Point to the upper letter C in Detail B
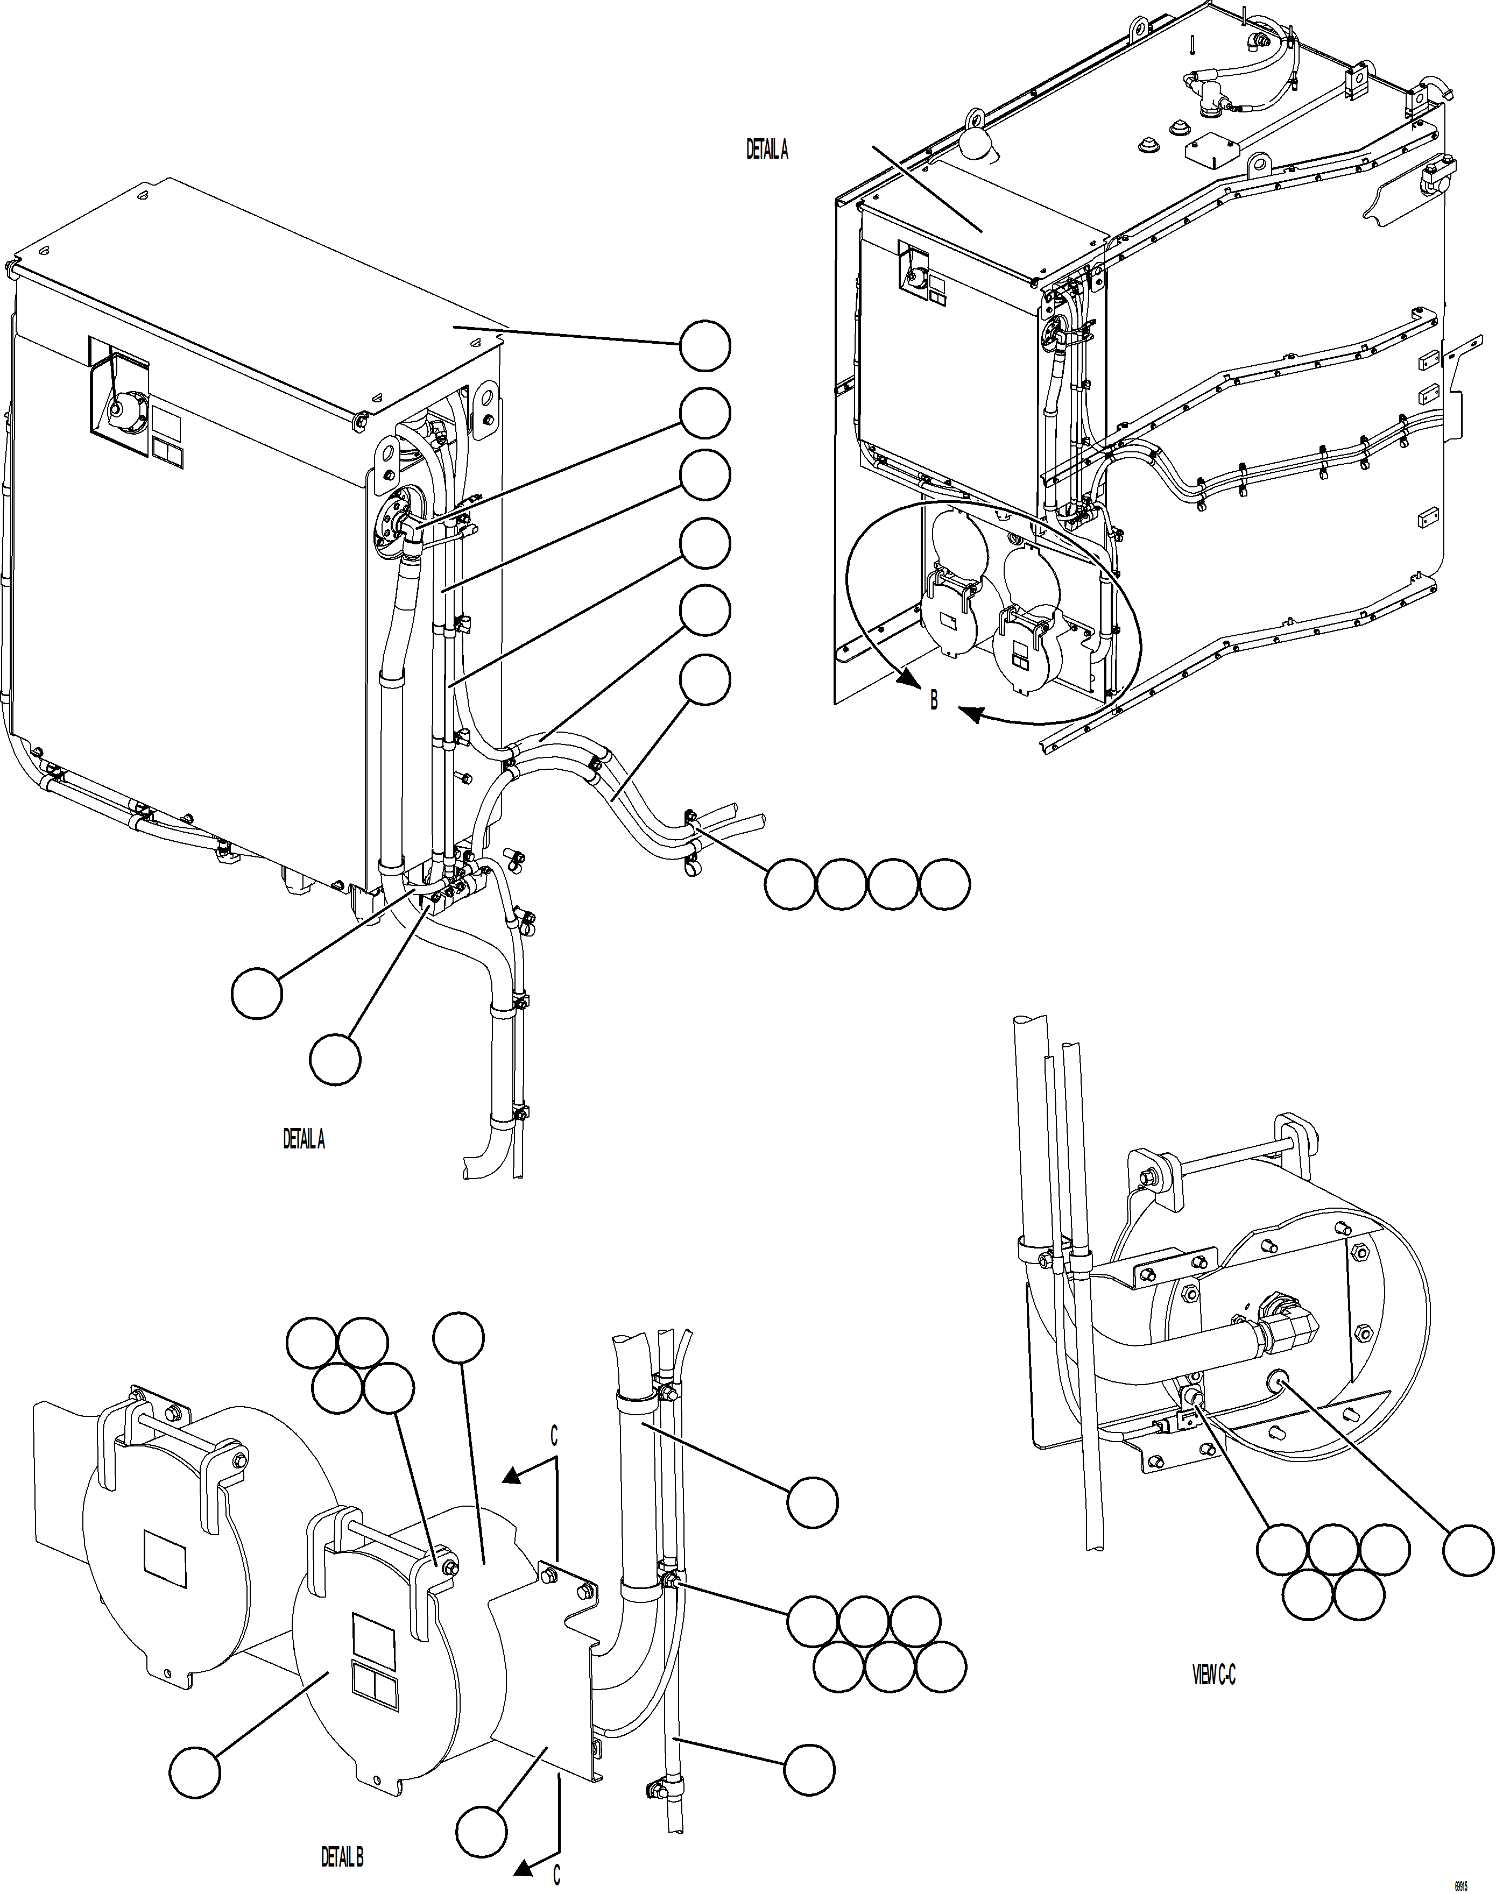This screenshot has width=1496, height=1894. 554,1436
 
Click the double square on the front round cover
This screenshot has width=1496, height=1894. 374,1687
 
